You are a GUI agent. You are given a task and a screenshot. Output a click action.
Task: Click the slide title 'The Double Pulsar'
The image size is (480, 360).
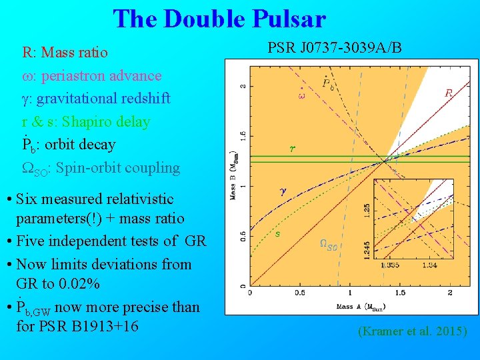(x=219, y=19)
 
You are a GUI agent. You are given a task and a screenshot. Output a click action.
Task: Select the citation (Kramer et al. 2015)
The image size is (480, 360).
(x=413, y=331)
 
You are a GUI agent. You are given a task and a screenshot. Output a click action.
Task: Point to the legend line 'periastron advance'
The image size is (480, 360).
(x=101, y=75)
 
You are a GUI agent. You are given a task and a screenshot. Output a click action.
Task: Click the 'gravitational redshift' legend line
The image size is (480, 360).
(x=103, y=99)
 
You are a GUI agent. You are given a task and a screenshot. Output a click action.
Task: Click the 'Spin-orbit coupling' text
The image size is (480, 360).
(x=119, y=168)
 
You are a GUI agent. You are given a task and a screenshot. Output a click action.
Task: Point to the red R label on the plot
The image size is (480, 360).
(x=449, y=94)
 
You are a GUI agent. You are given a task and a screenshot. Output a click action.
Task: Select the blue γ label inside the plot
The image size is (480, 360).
(x=283, y=190)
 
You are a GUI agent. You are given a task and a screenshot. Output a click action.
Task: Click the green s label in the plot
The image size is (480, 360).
(x=277, y=233)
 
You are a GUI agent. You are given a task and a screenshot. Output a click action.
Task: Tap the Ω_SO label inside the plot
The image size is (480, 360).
(x=329, y=245)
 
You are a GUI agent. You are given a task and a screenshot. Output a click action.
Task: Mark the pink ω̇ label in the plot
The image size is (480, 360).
(x=301, y=95)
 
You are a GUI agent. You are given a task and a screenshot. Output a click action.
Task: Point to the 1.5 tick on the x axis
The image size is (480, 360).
(x=399, y=293)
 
